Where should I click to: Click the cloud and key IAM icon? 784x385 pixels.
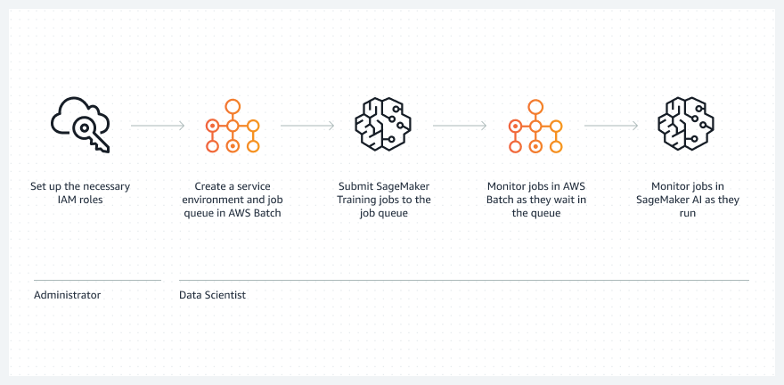(80, 126)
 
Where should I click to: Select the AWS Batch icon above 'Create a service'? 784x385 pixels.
(233, 126)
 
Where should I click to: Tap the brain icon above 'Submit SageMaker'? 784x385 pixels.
(383, 126)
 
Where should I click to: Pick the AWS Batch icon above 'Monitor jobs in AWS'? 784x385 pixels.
(535, 126)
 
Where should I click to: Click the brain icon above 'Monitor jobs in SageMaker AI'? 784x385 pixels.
(686, 126)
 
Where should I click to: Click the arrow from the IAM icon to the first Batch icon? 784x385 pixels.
(157, 126)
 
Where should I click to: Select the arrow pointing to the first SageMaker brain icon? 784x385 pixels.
(307, 126)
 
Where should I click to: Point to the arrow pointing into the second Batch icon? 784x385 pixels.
(459, 126)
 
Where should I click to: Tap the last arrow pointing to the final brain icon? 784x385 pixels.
(611, 126)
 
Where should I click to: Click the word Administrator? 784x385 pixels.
(67, 295)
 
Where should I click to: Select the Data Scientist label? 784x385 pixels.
(212, 295)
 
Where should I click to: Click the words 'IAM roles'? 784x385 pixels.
(79, 201)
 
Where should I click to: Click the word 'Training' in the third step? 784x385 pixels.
(356, 201)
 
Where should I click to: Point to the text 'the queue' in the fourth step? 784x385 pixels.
(535, 214)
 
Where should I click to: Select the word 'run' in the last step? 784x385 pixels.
(686, 214)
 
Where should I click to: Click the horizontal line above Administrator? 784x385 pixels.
(97, 280)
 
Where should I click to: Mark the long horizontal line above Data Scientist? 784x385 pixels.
(463, 280)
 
